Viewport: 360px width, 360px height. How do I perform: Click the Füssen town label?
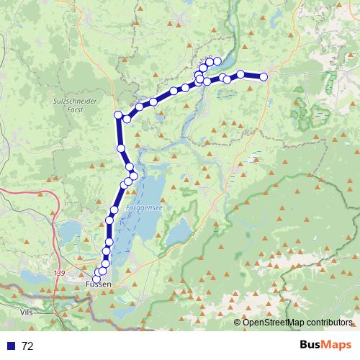pyautogui.click(x=98, y=285)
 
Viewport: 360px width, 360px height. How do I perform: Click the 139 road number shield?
pyautogui.click(x=59, y=273)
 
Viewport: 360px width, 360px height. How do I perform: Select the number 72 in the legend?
pyautogui.click(x=27, y=346)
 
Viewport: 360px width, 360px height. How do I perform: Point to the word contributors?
pyautogui.click(x=330, y=323)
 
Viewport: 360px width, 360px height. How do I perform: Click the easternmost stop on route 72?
pyautogui.click(x=264, y=76)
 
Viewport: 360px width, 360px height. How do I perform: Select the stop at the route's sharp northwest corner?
pyautogui.click(x=118, y=115)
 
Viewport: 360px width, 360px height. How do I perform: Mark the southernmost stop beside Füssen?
pyautogui.click(x=96, y=279)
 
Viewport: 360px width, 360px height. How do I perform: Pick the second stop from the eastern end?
pyautogui.click(x=240, y=74)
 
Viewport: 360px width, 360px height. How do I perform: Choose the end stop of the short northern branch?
pyautogui.click(x=217, y=61)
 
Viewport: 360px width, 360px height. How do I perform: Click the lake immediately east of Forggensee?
pyautogui.click(x=177, y=232)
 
